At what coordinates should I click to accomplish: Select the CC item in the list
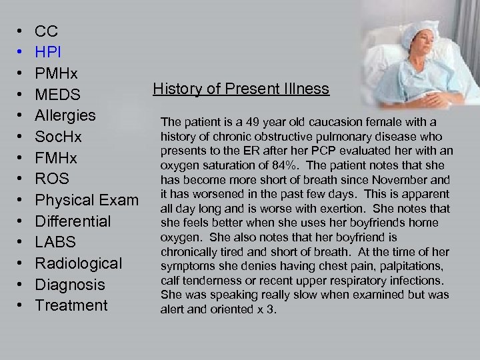(x=47, y=31)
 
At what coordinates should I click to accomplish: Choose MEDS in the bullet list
(x=57, y=94)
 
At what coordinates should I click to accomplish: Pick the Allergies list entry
(x=65, y=115)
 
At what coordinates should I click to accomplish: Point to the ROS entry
(x=52, y=179)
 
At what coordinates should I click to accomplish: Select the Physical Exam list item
(x=87, y=200)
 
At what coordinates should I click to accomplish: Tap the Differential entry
(x=73, y=221)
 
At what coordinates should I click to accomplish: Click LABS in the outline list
(x=55, y=242)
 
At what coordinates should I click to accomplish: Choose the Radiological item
(x=79, y=263)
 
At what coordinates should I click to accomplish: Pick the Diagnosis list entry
(x=70, y=285)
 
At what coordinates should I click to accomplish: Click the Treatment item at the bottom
(x=71, y=305)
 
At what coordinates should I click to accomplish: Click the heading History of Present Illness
(x=241, y=89)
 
